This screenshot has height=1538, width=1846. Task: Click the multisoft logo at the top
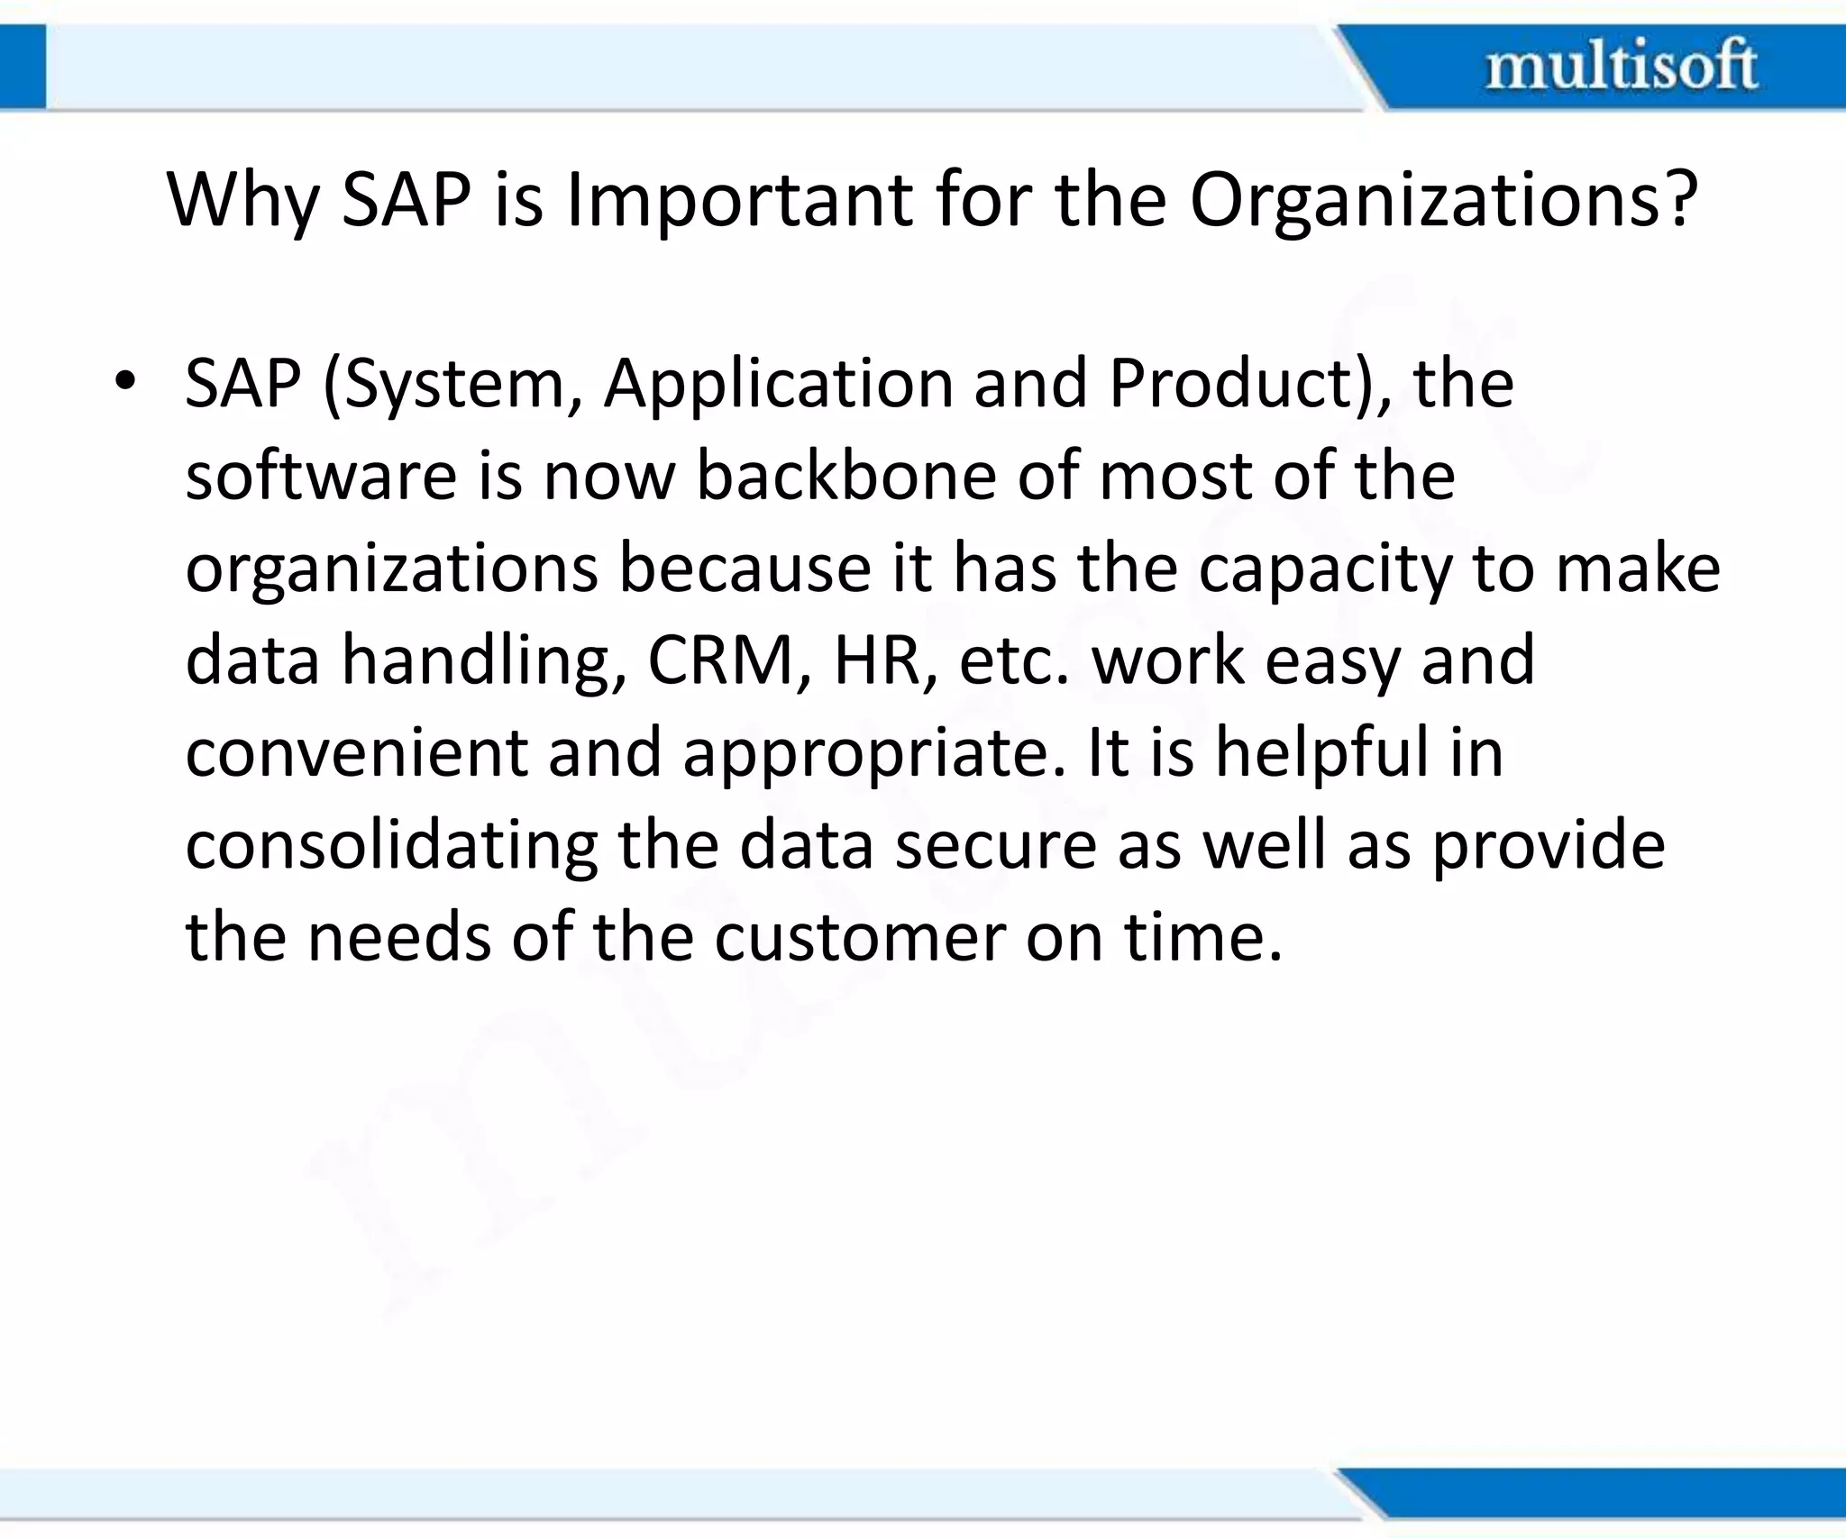(x=1621, y=65)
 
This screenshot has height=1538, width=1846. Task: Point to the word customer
(x=859, y=938)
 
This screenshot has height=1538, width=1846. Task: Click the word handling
(x=483, y=661)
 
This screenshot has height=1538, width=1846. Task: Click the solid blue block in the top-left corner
(x=23, y=67)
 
